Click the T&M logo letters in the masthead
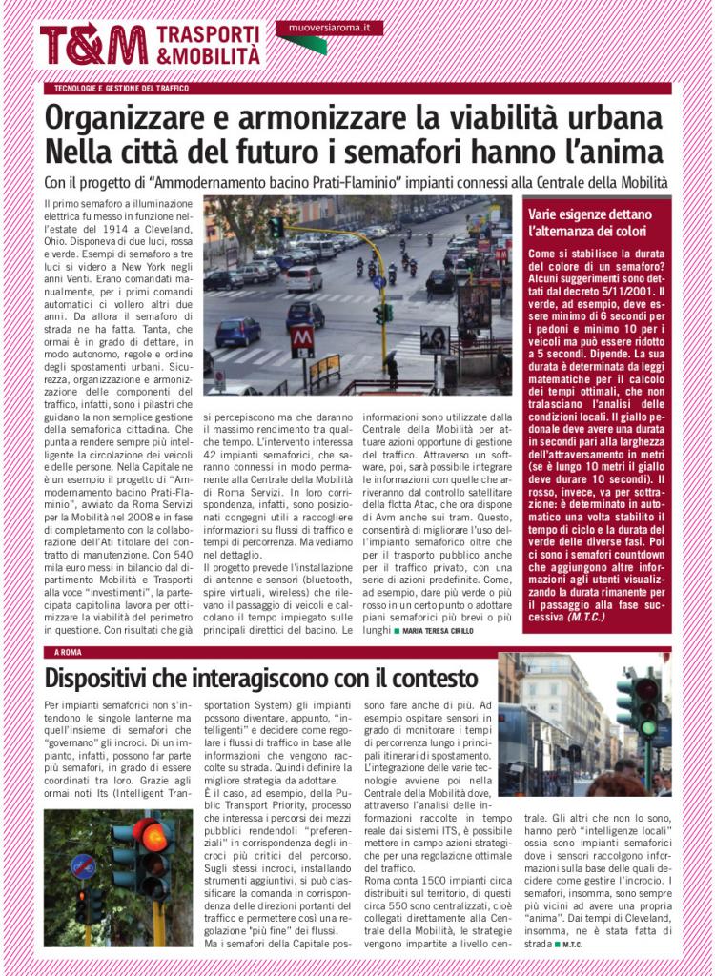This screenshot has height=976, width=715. (x=93, y=45)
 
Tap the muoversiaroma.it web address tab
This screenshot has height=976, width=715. (x=329, y=29)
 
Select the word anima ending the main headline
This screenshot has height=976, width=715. (x=619, y=152)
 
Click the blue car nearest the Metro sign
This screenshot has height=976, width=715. (x=237, y=333)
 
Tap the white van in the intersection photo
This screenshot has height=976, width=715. (x=304, y=277)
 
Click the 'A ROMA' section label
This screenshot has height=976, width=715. (x=70, y=652)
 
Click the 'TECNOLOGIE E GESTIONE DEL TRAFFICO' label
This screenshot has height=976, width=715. (x=121, y=88)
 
